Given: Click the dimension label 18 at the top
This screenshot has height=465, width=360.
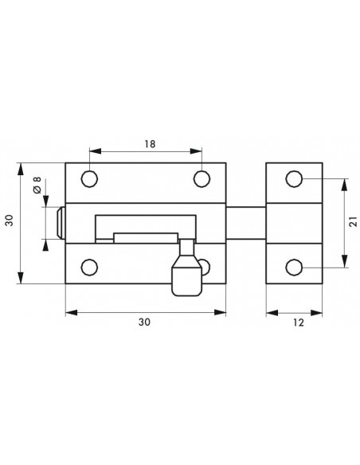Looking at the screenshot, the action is pyautogui.click(x=150, y=144).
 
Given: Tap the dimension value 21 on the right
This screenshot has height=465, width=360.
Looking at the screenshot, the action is pyautogui.click(x=353, y=221).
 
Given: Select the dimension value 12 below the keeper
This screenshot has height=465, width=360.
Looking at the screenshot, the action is pyautogui.click(x=299, y=322).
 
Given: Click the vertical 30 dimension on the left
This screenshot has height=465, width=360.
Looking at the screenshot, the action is pyautogui.click(x=10, y=220).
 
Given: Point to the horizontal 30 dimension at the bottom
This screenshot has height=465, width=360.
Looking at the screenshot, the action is pyautogui.click(x=144, y=322).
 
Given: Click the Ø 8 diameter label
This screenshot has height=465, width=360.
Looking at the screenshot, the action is pyautogui.click(x=37, y=186).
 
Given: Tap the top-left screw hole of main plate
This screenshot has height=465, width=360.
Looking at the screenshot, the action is pyautogui.click(x=89, y=179).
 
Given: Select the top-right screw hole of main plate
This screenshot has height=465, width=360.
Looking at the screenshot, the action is pyautogui.click(x=202, y=179).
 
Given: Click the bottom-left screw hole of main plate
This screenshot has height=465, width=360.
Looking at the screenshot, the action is pyautogui.click(x=89, y=268).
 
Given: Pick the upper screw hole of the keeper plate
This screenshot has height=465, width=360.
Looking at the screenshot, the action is pyautogui.click(x=294, y=179).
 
